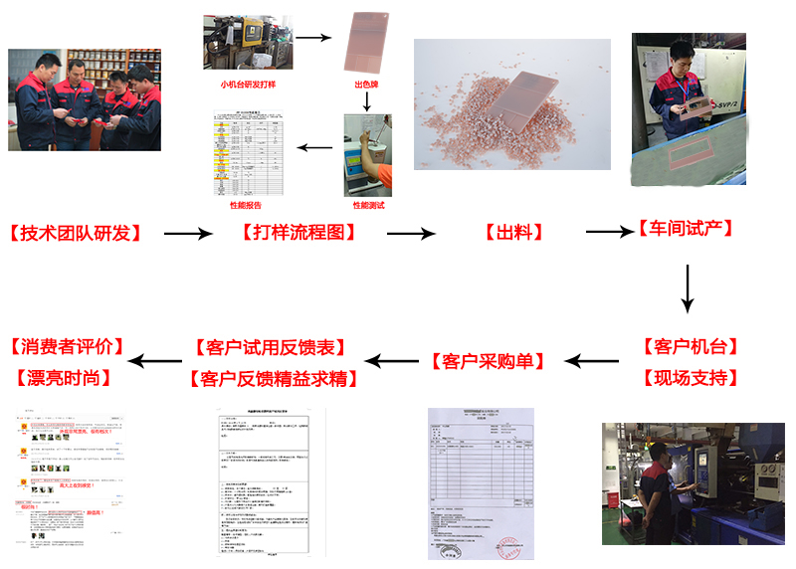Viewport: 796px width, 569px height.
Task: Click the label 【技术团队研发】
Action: point(75,234)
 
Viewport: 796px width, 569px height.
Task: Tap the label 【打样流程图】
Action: point(298,233)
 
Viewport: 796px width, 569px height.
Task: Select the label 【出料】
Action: point(513,233)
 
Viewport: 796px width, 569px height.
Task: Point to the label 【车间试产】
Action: point(686,229)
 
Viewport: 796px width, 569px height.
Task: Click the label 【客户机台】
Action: point(691,347)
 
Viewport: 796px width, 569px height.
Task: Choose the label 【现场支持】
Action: point(691,378)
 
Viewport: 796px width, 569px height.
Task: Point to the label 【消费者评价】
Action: point(67,347)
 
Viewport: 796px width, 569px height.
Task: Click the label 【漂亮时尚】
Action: point(67,378)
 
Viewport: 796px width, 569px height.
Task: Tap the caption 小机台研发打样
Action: point(249,85)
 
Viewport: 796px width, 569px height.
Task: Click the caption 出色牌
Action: point(367,85)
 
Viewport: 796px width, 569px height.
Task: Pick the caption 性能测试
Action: point(367,205)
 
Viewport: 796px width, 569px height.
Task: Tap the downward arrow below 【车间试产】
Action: point(687,289)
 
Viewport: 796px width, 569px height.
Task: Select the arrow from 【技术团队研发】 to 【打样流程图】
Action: point(188,234)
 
